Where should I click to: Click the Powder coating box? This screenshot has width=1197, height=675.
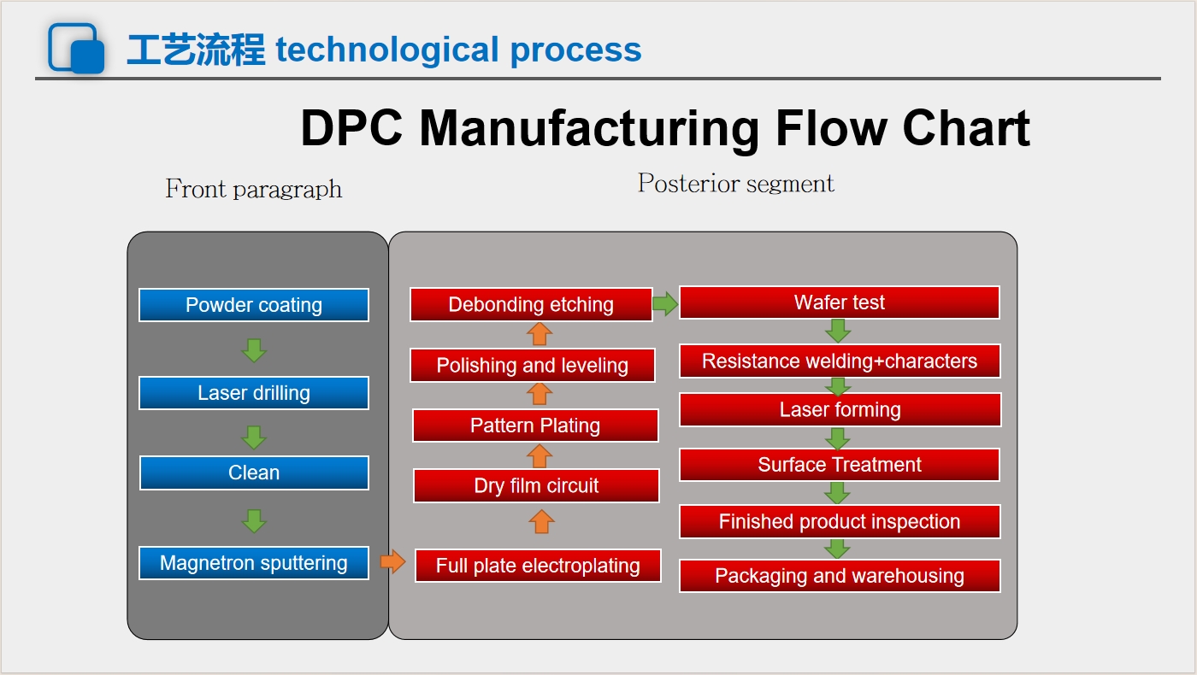pos(254,305)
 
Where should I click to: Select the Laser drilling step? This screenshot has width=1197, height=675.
pos(254,393)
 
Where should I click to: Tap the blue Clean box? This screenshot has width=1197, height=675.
pos(254,472)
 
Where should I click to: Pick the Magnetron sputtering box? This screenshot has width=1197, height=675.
pos(254,563)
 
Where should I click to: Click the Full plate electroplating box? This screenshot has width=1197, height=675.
pos(538,566)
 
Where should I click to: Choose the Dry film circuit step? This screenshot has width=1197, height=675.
pos(536,486)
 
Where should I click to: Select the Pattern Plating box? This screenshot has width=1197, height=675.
pos(535,426)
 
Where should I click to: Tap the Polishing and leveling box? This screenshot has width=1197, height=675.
pos(532,366)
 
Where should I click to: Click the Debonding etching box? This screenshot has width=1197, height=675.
pos(531,304)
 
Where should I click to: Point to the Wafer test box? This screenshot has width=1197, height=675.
pos(840,302)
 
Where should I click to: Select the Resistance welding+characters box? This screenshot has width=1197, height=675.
pos(840,361)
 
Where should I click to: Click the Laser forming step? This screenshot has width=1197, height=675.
pos(840,409)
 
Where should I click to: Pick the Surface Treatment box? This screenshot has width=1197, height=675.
pos(840,465)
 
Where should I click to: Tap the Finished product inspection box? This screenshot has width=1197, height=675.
pos(840,521)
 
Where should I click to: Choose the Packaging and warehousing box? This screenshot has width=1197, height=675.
pos(840,576)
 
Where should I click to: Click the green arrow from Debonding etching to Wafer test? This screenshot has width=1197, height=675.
pos(665,304)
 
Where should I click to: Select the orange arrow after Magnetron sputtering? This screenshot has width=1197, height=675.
pos(392,561)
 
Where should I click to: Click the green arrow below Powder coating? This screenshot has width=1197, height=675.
pos(254,350)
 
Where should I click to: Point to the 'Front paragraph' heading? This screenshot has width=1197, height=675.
pos(253,189)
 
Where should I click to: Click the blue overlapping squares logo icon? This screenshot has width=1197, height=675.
pos(76,48)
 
